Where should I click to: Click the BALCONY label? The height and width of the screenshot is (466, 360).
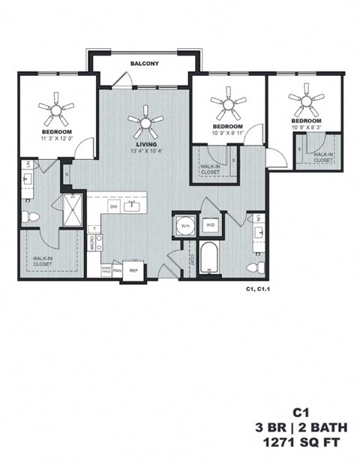click(x=144, y=64)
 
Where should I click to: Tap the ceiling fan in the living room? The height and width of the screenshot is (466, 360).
click(x=145, y=118)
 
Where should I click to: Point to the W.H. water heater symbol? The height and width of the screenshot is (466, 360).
click(x=184, y=224)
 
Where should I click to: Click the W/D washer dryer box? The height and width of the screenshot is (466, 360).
click(x=211, y=224)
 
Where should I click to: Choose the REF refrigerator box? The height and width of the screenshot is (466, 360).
click(x=134, y=270)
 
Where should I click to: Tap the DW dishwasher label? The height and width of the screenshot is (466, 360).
click(x=114, y=205)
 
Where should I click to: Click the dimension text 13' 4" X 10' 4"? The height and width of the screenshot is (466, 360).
click(x=145, y=150)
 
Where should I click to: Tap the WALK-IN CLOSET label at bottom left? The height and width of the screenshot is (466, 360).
click(x=42, y=261)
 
